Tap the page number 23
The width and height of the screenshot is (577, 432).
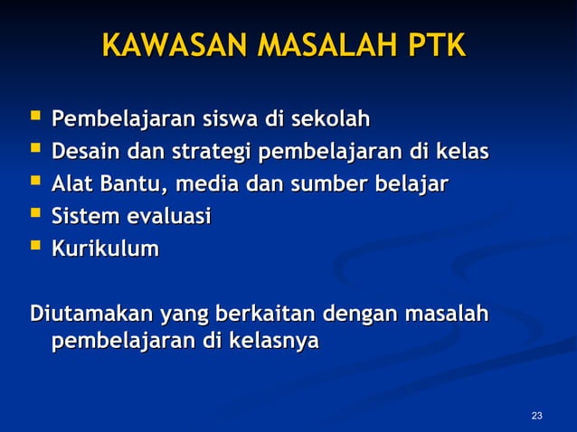point(537,416)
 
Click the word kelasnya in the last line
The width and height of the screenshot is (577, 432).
point(272,343)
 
